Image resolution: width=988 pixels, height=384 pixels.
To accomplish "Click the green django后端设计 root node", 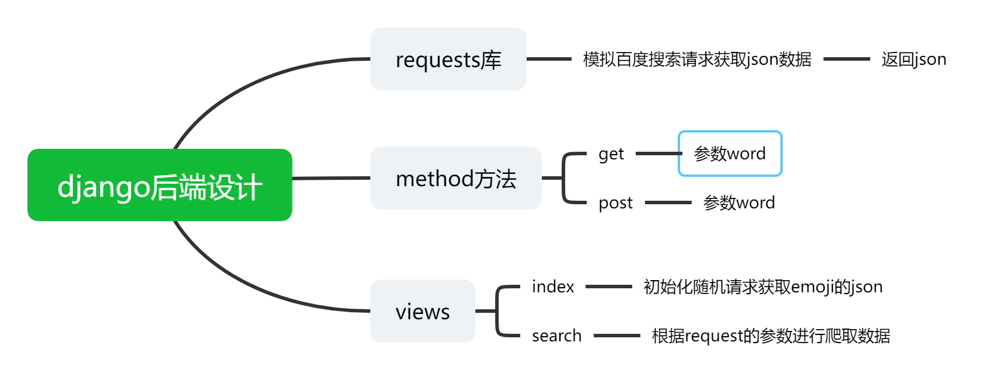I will click(159, 185).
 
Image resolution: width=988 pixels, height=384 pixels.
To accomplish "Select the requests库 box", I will click(448, 59).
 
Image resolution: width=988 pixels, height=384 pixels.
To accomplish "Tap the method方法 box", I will click(456, 178).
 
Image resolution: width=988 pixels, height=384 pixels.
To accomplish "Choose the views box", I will click(422, 311).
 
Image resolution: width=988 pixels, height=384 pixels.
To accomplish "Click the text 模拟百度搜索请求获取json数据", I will click(697, 59).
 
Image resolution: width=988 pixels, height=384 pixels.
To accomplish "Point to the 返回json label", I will click(913, 59).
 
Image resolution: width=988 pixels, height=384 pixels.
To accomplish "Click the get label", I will click(611, 153).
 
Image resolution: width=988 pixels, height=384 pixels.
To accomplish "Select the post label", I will click(615, 203).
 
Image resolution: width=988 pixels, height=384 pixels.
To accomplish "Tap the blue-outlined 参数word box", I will click(730, 153).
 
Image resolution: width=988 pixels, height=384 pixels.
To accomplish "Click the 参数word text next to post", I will click(739, 203).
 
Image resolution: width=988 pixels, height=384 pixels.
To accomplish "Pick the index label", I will click(553, 287).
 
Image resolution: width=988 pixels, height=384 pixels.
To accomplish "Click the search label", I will click(556, 336).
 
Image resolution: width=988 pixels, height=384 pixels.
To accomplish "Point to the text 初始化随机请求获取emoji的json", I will click(763, 287).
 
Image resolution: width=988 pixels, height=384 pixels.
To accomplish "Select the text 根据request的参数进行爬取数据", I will click(770, 336).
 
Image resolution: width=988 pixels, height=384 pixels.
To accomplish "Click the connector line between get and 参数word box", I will click(657, 153).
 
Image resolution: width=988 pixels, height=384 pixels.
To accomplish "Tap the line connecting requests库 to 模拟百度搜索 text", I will click(549, 59).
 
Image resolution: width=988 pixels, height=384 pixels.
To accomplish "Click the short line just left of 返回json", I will click(846, 59).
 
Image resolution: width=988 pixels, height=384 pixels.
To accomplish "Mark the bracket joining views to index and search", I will click(497, 311).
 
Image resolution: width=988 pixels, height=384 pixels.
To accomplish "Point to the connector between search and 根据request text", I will click(616, 336).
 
